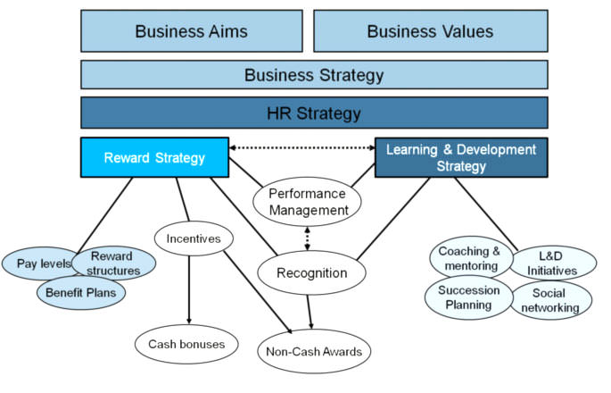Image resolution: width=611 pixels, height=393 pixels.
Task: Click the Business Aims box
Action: pyautogui.click(x=191, y=31)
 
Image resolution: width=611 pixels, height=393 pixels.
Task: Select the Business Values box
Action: pyautogui.click(x=430, y=31)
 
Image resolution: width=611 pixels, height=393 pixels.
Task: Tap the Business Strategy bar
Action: pyautogui.click(x=314, y=74)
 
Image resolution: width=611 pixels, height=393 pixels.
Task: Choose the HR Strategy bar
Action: pyautogui.click(x=314, y=113)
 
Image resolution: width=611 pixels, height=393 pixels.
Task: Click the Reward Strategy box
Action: pyautogui.click(x=153, y=158)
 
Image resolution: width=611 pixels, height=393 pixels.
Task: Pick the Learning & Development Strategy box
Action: pyautogui.click(x=461, y=158)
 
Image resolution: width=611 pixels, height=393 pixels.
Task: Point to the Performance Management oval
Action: pyautogui.click(x=307, y=202)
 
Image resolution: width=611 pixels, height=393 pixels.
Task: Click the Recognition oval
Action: pyautogui.click(x=306, y=273)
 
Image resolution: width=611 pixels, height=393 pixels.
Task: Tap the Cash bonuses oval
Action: pyautogui.click(x=187, y=343)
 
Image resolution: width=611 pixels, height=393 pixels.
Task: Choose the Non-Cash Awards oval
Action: pyautogui.click(x=314, y=351)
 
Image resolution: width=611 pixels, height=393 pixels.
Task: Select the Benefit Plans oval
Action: pyautogui.click(x=81, y=292)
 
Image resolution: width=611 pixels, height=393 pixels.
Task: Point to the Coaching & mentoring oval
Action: pyautogui.click(x=470, y=258)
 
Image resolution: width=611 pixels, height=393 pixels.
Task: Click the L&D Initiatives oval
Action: pyautogui.click(x=553, y=263)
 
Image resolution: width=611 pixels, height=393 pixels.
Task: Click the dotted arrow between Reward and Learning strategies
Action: pyautogui.click(x=301, y=147)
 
